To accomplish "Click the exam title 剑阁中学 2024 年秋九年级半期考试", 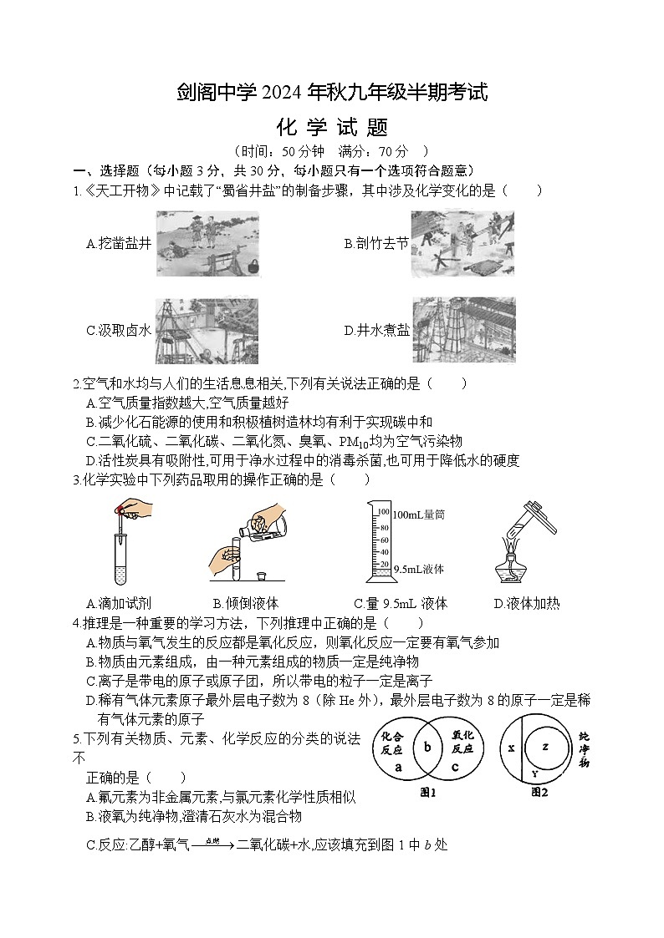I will click(x=332, y=93).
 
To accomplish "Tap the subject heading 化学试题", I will click(x=332, y=128).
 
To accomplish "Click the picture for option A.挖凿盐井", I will click(x=207, y=243).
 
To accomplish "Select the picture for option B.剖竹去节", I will click(x=462, y=243).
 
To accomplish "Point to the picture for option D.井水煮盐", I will click(x=463, y=331).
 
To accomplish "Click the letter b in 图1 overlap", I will click(x=426, y=748).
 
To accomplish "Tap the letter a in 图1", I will click(x=398, y=766).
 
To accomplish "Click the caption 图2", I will click(x=539, y=792).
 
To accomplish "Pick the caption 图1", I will click(x=428, y=792).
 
